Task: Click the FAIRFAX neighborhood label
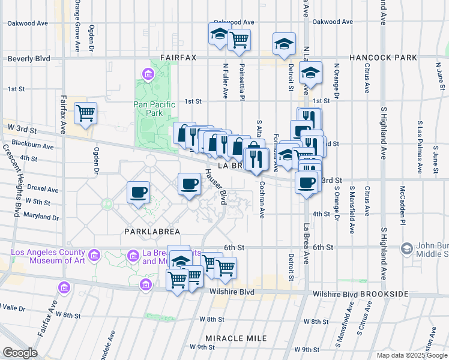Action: click(x=178, y=58)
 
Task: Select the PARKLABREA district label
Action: click(x=149, y=231)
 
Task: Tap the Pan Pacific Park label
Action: click(x=155, y=109)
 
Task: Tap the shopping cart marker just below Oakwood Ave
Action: click(x=240, y=40)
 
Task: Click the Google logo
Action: click(x=19, y=353)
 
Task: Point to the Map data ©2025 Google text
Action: click(x=412, y=355)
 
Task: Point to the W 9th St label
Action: click(x=203, y=347)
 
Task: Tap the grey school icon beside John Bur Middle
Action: click(x=406, y=248)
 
